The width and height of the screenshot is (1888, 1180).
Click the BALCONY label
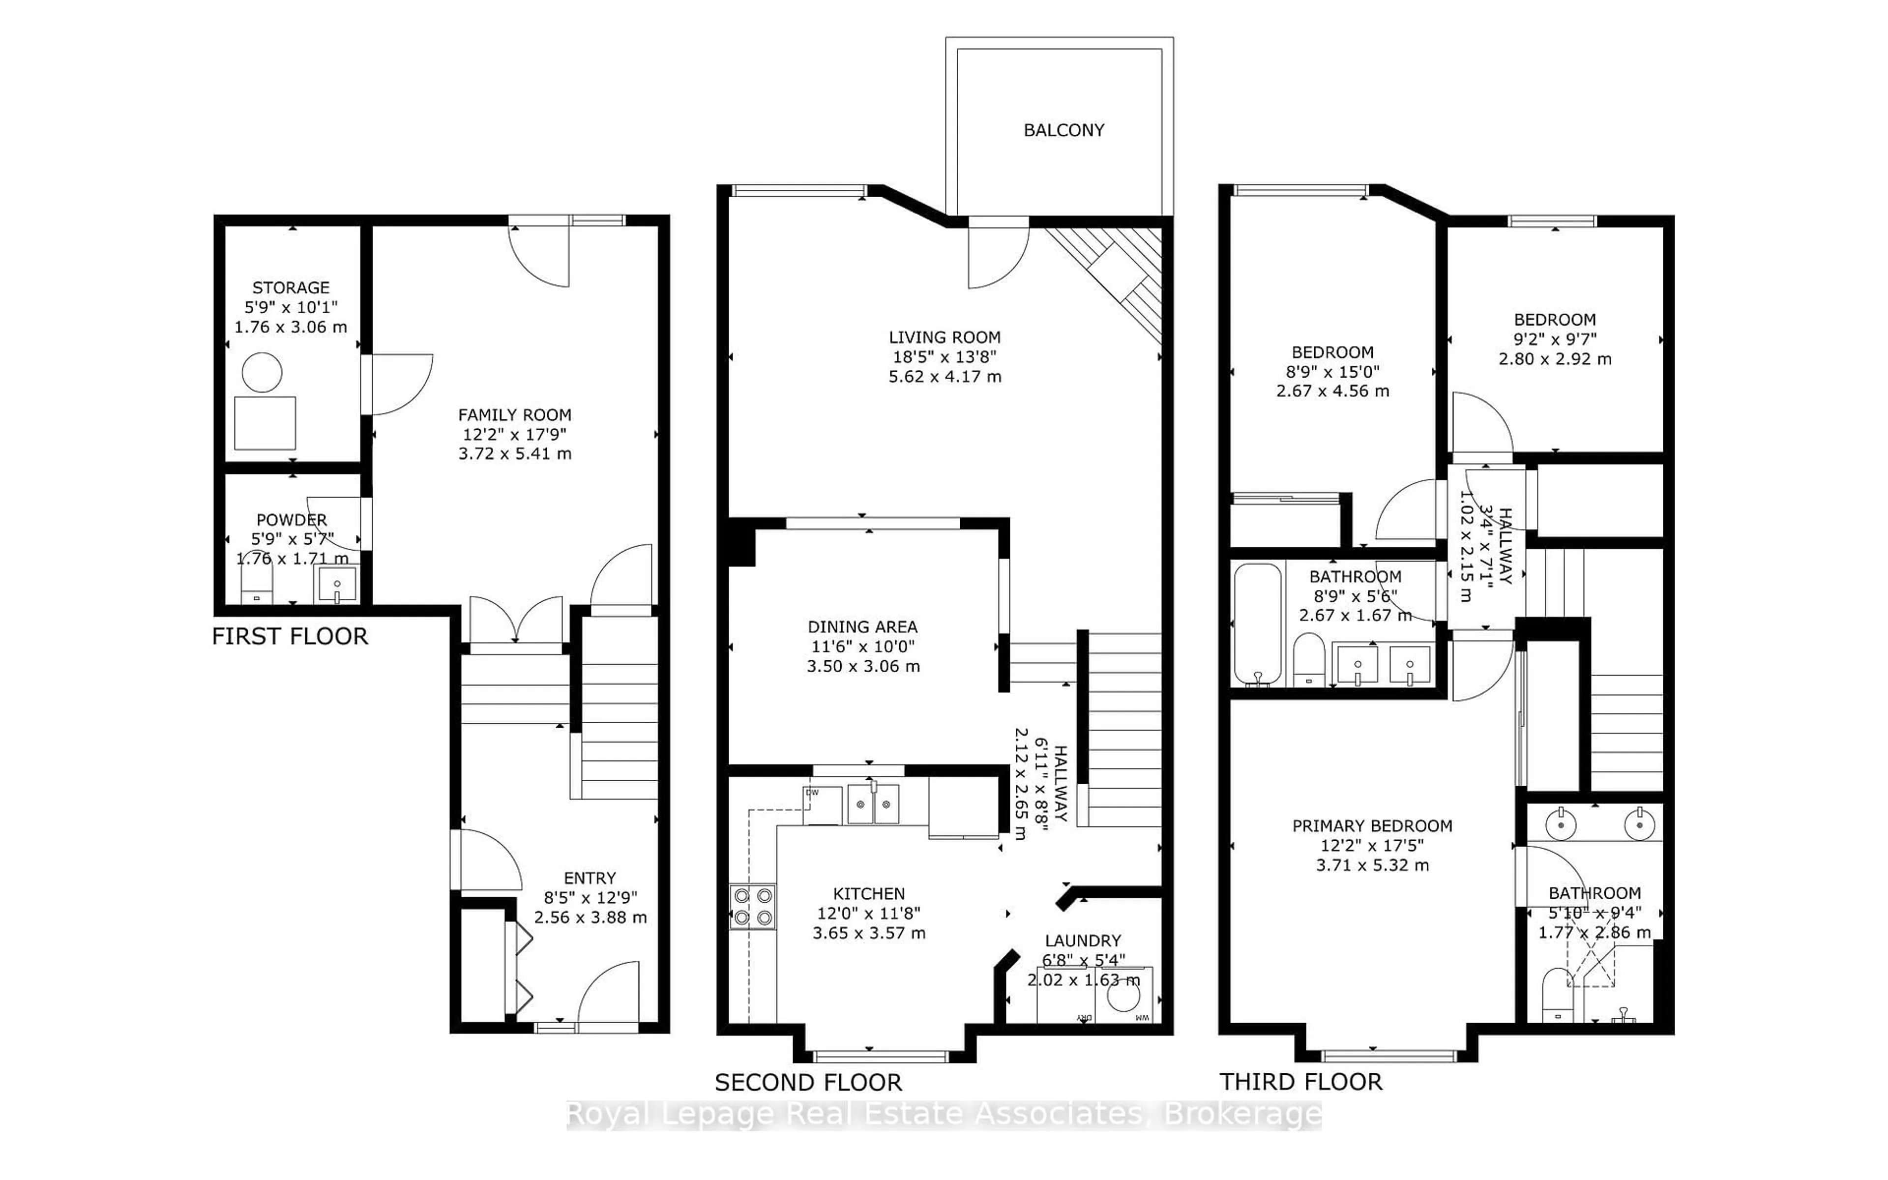(x=1063, y=130)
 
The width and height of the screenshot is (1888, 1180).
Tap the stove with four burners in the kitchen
(x=753, y=907)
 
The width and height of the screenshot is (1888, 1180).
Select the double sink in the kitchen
(x=873, y=805)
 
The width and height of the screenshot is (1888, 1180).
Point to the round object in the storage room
(x=262, y=372)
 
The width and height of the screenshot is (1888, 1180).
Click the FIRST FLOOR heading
(x=290, y=636)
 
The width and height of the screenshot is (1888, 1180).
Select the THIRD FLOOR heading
(x=1300, y=1082)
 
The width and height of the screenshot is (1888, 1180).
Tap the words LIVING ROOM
(x=944, y=337)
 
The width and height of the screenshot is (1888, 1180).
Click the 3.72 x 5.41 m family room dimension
(x=515, y=453)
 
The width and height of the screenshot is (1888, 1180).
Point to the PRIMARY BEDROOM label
(x=1372, y=826)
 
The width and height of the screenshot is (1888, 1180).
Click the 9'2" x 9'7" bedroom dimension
(x=1554, y=339)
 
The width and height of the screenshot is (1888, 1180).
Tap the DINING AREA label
(x=862, y=627)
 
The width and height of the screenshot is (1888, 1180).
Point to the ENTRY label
(x=590, y=878)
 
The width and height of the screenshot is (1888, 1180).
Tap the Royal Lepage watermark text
(x=943, y=1115)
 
